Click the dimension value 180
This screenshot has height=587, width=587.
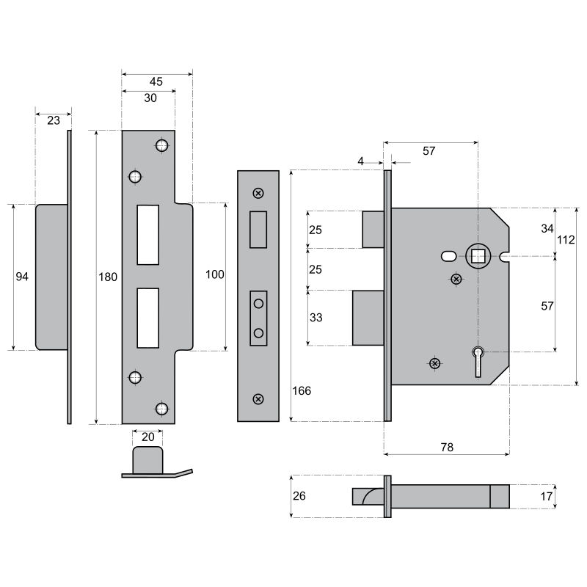(108, 277)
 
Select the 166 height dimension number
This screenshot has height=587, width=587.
(302, 391)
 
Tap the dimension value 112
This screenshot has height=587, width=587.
(565, 240)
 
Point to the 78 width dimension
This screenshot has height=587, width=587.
(447, 447)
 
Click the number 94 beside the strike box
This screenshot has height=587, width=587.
(22, 277)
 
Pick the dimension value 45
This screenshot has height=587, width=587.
(156, 81)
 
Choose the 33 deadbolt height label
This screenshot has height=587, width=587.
(316, 318)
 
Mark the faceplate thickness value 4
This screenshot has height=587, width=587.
(360, 161)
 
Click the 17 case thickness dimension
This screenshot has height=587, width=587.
(547, 497)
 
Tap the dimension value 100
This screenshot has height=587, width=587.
(215, 274)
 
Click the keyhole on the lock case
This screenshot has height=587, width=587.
(478, 362)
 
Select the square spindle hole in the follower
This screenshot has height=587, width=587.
(478, 256)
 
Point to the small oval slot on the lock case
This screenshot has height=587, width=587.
(448, 256)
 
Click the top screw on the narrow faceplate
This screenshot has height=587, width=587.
(258, 193)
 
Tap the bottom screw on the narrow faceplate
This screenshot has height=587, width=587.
(258, 399)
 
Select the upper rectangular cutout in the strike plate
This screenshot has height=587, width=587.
(148, 235)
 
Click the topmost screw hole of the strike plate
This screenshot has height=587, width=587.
(161, 145)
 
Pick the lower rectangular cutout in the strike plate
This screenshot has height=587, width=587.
(148, 318)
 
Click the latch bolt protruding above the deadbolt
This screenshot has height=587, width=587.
(373, 230)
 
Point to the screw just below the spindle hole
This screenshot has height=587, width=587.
(456, 279)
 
